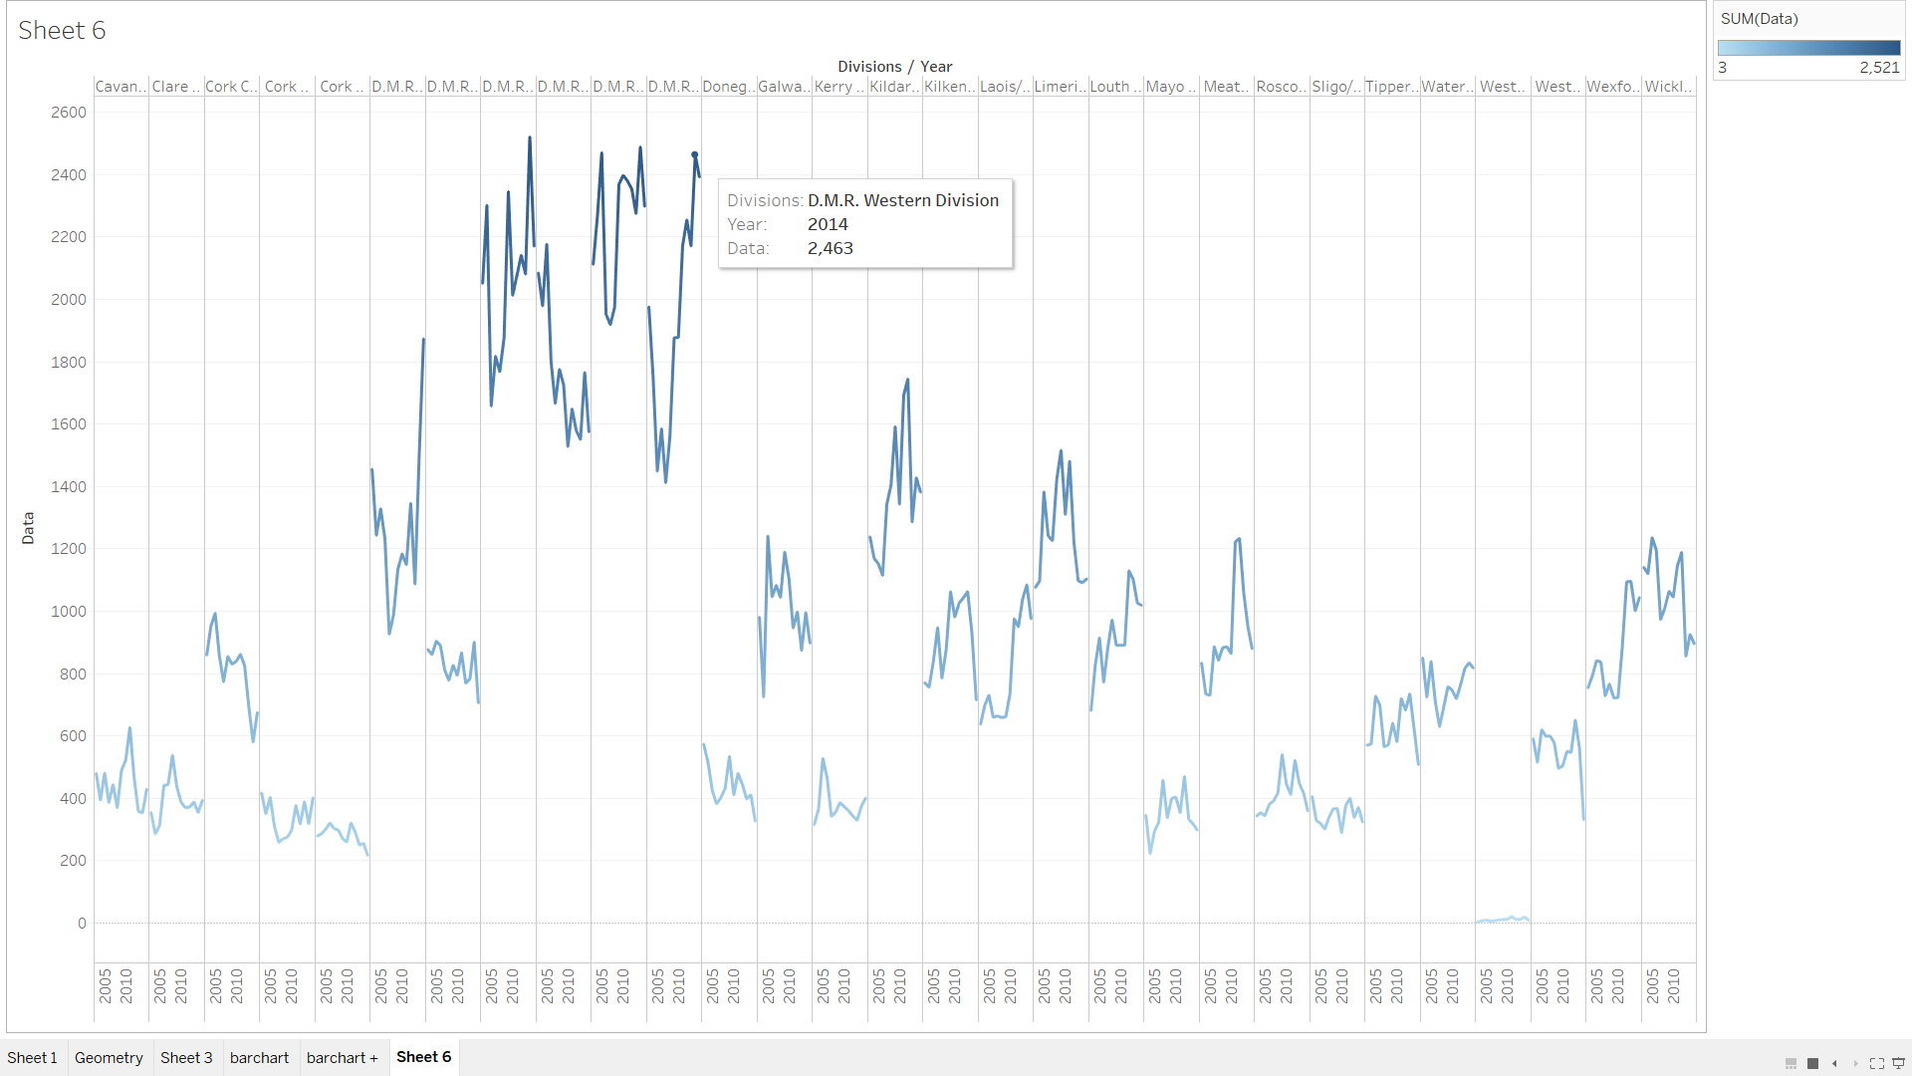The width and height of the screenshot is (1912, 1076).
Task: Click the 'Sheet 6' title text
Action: point(62,31)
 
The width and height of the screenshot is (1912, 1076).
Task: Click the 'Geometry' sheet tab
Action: point(109,1058)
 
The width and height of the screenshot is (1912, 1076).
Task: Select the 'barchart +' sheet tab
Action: point(342,1058)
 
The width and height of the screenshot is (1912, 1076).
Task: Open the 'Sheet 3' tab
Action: point(186,1058)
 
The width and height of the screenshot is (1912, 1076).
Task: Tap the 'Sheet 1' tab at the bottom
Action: point(32,1058)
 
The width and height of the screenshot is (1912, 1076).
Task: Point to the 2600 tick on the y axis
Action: point(69,113)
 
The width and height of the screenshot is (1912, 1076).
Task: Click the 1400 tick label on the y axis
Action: point(69,487)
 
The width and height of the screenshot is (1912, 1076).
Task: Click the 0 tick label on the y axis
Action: point(82,924)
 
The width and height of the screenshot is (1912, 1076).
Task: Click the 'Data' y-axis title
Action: point(28,528)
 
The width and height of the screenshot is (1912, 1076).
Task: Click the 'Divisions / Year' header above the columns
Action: point(894,67)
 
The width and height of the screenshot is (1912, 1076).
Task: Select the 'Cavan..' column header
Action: point(120,87)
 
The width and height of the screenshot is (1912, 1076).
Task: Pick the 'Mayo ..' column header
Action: point(1170,87)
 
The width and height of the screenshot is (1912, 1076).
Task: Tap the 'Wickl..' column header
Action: point(1668,87)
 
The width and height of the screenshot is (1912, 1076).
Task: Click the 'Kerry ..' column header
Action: point(838,87)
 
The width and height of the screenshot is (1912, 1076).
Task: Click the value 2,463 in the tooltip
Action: point(830,249)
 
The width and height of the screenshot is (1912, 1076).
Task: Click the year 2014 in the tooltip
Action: point(828,225)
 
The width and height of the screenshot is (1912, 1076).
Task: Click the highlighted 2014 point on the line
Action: point(695,154)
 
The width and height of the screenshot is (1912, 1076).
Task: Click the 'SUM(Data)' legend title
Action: point(1759,19)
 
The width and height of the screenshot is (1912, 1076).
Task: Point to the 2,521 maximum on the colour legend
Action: point(1879,68)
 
